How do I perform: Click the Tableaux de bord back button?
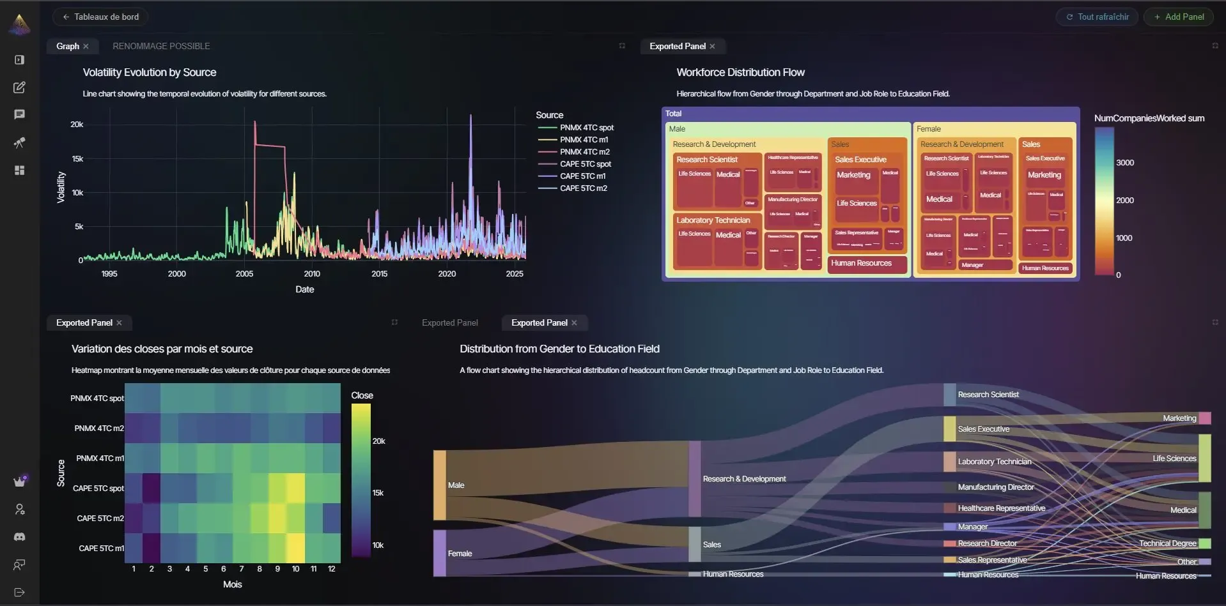point(100,17)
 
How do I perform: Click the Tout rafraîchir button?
point(1097,17)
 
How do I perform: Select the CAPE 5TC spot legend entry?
point(585,164)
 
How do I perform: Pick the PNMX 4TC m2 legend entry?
point(584,152)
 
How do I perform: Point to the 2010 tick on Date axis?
point(312,274)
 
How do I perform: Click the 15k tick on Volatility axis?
point(77,159)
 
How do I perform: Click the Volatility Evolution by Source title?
point(150,73)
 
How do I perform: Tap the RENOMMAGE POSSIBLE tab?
point(161,47)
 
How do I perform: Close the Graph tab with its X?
point(86,47)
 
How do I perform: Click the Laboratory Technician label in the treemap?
point(713,220)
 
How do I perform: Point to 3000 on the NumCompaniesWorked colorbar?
point(1125,163)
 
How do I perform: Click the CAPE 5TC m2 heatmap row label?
point(100,519)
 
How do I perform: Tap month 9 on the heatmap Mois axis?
point(277,569)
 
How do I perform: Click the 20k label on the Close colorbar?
point(378,441)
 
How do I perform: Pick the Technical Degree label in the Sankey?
point(1167,543)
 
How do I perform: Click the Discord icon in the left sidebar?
point(19,537)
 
